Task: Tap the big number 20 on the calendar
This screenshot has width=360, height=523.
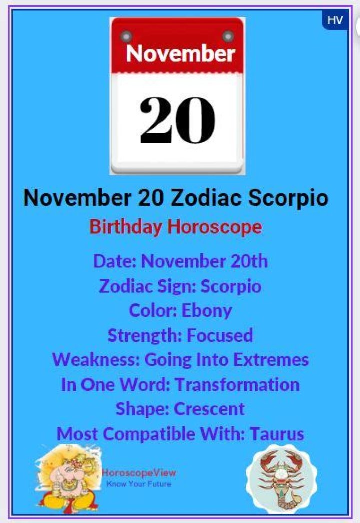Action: [177, 120]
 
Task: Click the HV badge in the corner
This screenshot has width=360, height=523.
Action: [335, 20]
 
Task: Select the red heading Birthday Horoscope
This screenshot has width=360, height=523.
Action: [176, 227]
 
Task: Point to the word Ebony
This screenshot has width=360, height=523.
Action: [207, 310]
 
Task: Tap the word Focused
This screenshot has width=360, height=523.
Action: [220, 335]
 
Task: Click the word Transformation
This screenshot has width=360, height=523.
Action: [237, 385]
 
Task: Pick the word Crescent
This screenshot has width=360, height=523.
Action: [209, 409]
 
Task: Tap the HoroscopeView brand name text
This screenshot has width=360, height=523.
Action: [139, 473]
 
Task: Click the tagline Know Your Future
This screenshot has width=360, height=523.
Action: [139, 484]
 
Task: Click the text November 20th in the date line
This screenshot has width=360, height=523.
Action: [205, 261]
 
